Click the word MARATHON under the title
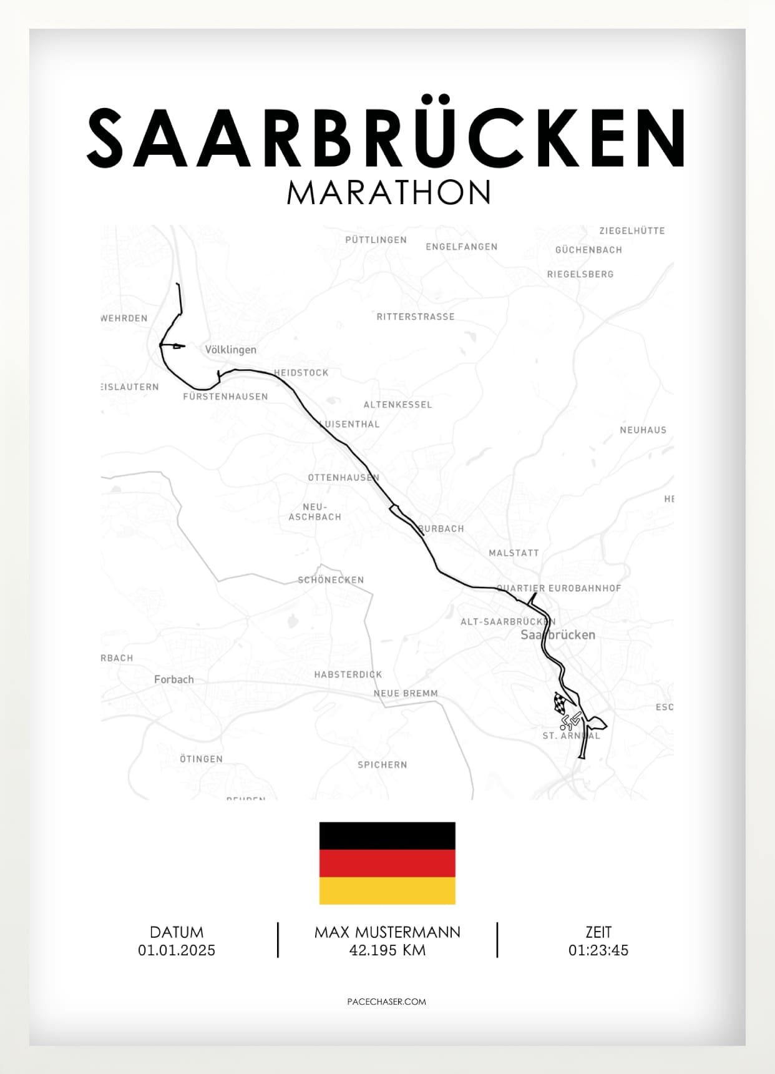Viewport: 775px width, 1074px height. pyautogui.click(x=389, y=193)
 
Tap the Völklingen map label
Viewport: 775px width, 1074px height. pyautogui.click(x=231, y=350)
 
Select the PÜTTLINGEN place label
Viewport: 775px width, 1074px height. pyautogui.click(x=376, y=240)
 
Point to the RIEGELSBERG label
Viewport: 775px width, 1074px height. pyautogui.click(x=580, y=274)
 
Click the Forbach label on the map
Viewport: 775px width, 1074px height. pyautogui.click(x=174, y=679)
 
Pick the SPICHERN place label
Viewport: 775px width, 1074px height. pyautogui.click(x=383, y=765)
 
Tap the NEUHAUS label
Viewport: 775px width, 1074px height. pyautogui.click(x=643, y=430)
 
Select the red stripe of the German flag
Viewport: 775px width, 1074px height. pyautogui.click(x=387, y=864)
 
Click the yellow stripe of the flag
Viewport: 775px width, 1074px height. pyautogui.click(x=387, y=891)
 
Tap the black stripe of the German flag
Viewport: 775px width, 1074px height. pyautogui.click(x=387, y=836)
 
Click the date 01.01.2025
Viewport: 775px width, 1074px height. pyautogui.click(x=177, y=950)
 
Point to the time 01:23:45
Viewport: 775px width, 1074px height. pyautogui.click(x=598, y=950)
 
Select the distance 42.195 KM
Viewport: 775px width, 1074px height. pyautogui.click(x=387, y=950)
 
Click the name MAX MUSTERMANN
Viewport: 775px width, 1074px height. pyautogui.click(x=387, y=932)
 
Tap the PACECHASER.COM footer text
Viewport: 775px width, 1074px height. pyautogui.click(x=387, y=1002)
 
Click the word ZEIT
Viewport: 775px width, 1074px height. pyautogui.click(x=598, y=932)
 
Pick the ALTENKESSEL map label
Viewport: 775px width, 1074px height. pyautogui.click(x=397, y=405)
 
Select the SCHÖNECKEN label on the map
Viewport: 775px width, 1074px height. pyautogui.click(x=331, y=580)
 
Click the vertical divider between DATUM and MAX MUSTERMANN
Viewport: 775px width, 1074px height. pyautogui.click(x=278, y=940)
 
